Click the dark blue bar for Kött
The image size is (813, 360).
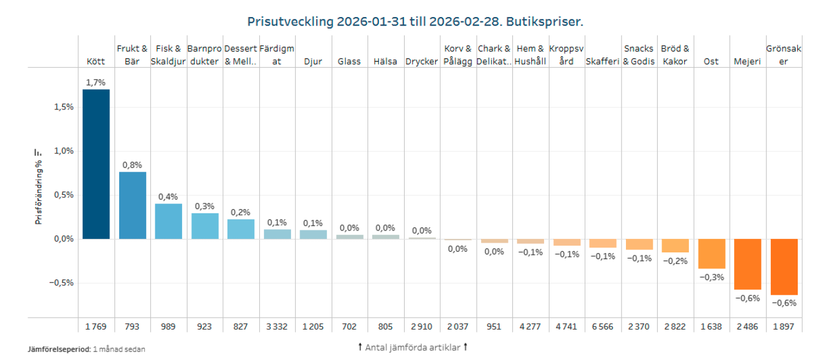point(96,164)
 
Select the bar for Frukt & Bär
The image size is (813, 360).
point(133,205)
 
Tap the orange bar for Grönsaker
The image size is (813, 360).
point(784,267)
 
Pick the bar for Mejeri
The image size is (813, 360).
point(747,264)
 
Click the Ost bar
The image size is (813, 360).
point(712,254)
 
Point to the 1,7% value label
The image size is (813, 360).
point(96,83)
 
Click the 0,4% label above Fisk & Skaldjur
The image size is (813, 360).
point(168,196)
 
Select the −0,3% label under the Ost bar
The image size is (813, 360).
point(712,277)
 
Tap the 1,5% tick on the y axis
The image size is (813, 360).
point(63,106)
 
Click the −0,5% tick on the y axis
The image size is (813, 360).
point(61,283)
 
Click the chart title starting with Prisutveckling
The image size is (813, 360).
point(415,22)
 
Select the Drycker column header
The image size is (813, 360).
point(421,62)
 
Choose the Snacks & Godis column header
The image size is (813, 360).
point(639,55)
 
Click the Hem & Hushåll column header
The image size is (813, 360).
point(530,55)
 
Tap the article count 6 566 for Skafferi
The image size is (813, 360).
point(602,326)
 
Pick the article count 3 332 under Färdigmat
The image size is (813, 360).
point(277,326)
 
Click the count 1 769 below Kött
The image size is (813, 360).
point(96,326)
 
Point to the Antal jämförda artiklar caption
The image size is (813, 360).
point(413,347)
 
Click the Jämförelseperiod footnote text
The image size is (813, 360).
point(87,350)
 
